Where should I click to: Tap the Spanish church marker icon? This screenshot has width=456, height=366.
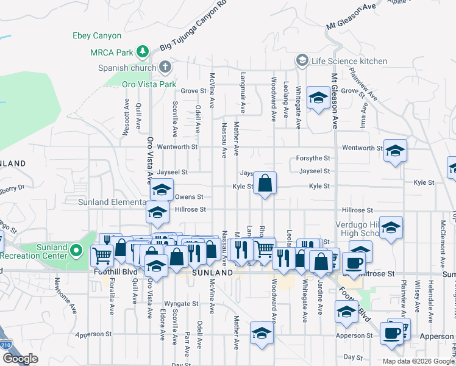pos(165,66)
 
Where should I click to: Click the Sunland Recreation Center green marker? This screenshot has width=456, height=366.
pos(76,250)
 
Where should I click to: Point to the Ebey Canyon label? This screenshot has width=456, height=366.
pos(97,36)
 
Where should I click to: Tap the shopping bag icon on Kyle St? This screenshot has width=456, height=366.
pos(265,183)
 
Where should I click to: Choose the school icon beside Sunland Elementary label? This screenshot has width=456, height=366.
pos(162,190)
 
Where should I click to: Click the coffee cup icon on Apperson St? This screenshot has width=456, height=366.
pos(391,334)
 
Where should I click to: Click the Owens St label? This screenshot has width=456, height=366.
pos(185,197)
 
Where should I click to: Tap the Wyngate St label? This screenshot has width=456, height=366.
pos(182,303)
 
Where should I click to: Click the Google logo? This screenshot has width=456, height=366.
pos(20,359)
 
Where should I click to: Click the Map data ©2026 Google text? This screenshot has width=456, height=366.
pos(417,361)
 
